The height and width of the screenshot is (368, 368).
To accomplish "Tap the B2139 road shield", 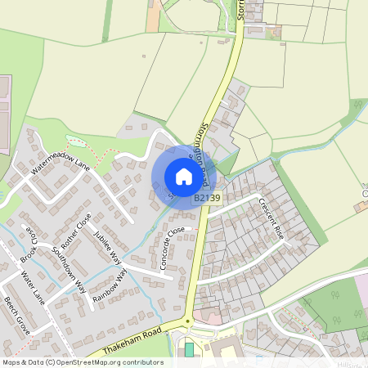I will (208, 198).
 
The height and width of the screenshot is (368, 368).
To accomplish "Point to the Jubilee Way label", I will (107, 246).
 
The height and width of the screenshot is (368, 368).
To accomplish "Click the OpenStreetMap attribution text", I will (82, 362).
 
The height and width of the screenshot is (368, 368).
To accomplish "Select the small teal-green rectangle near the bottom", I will (190, 349).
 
